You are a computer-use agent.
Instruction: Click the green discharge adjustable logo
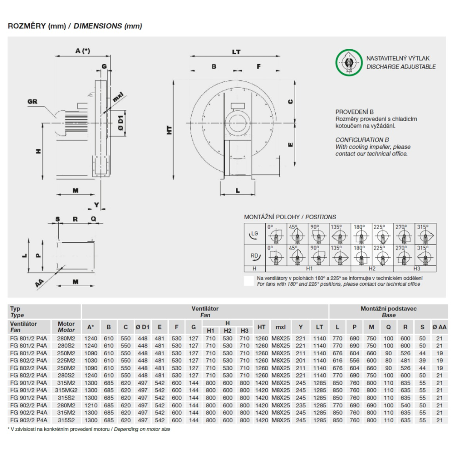(348, 63)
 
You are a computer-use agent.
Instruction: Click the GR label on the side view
(32, 102)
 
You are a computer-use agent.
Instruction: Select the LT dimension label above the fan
(236, 52)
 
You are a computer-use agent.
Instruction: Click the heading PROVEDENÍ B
(354, 112)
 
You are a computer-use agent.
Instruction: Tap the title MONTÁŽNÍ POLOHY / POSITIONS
(290, 217)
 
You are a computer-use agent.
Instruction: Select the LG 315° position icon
(426, 234)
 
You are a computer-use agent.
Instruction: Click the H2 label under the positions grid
(372, 269)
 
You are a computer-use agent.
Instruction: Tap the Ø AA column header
(439, 327)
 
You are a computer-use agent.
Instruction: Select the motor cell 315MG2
(66, 390)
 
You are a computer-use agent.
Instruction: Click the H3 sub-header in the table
(245, 330)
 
